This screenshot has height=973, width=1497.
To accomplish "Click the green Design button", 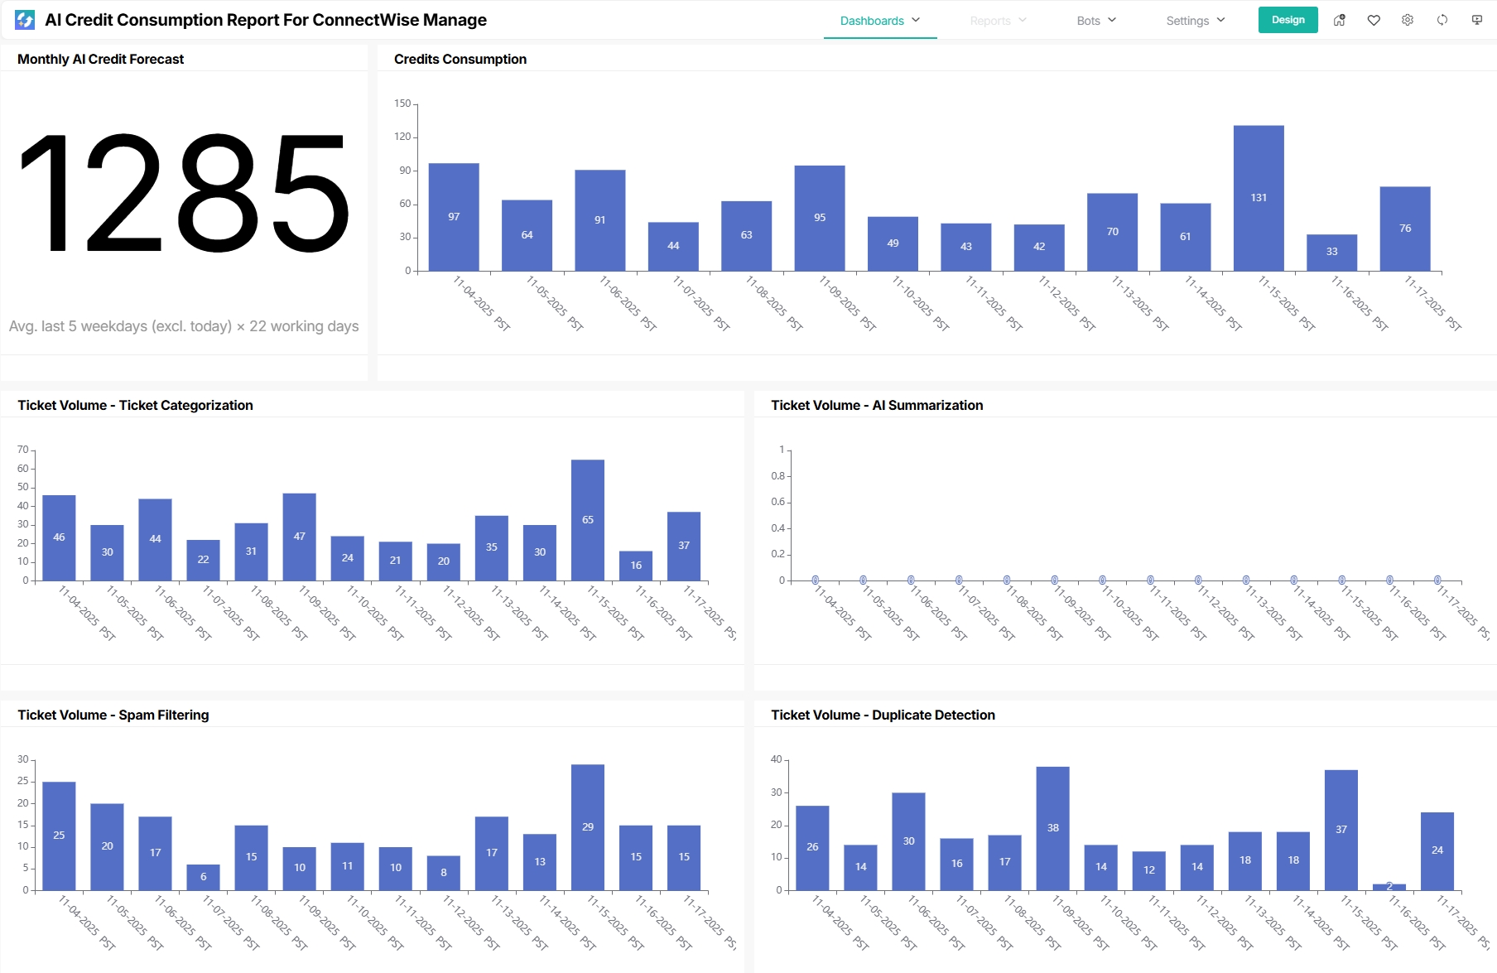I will [1288, 20].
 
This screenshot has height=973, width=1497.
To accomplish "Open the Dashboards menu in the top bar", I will [879, 21].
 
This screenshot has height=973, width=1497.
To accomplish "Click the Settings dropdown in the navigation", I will [1195, 21].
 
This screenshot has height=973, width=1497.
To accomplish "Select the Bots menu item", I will [1096, 21].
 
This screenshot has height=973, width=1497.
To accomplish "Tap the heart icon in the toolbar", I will [1374, 21].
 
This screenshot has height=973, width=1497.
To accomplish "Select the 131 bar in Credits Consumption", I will [1259, 198].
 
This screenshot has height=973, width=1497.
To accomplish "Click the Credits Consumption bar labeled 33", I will [1331, 252].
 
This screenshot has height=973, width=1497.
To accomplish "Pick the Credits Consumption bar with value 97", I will [454, 217].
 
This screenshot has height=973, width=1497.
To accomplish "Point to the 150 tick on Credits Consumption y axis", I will [402, 104].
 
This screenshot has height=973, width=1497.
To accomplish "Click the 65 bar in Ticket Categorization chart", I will [588, 520].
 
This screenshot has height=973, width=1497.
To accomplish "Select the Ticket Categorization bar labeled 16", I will [636, 566].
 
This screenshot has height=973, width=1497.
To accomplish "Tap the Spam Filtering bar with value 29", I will [588, 826].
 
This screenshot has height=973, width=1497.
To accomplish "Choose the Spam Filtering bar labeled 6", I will [203, 877].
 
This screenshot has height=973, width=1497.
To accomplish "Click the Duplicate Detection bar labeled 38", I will [1052, 828].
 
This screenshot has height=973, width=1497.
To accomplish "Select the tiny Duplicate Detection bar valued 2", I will [1389, 887].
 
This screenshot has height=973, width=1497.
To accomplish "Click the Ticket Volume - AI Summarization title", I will [877, 405].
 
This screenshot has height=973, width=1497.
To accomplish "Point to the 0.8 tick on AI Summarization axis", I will [778, 476].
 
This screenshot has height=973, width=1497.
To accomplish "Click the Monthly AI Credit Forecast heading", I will [100, 59].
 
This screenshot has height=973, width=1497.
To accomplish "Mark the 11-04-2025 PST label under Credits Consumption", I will [482, 304].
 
